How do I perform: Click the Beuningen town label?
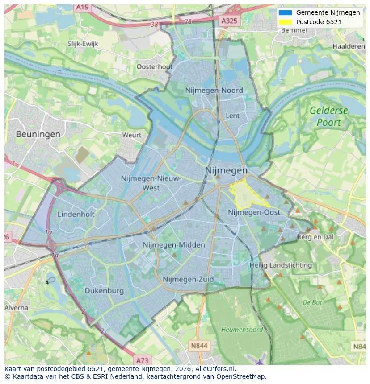click(38, 134)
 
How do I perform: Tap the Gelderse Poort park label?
click(328, 116)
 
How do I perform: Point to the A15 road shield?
click(82, 7)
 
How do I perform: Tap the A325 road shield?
click(230, 21)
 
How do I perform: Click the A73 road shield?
click(142, 360)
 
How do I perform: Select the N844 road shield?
click(199, 345)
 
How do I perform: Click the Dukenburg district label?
click(104, 291)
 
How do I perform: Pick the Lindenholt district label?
click(76, 214)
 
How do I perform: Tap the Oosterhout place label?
click(154, 66)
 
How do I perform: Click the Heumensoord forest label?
click(236, 330)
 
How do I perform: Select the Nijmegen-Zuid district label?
click(188, 279)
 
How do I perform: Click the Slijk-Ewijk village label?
click(83, 44)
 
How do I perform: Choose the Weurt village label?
click(132, 135)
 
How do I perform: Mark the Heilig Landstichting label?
click(281, 265)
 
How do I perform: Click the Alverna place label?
click(17, 308)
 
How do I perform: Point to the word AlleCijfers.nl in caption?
click(216, 369)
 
